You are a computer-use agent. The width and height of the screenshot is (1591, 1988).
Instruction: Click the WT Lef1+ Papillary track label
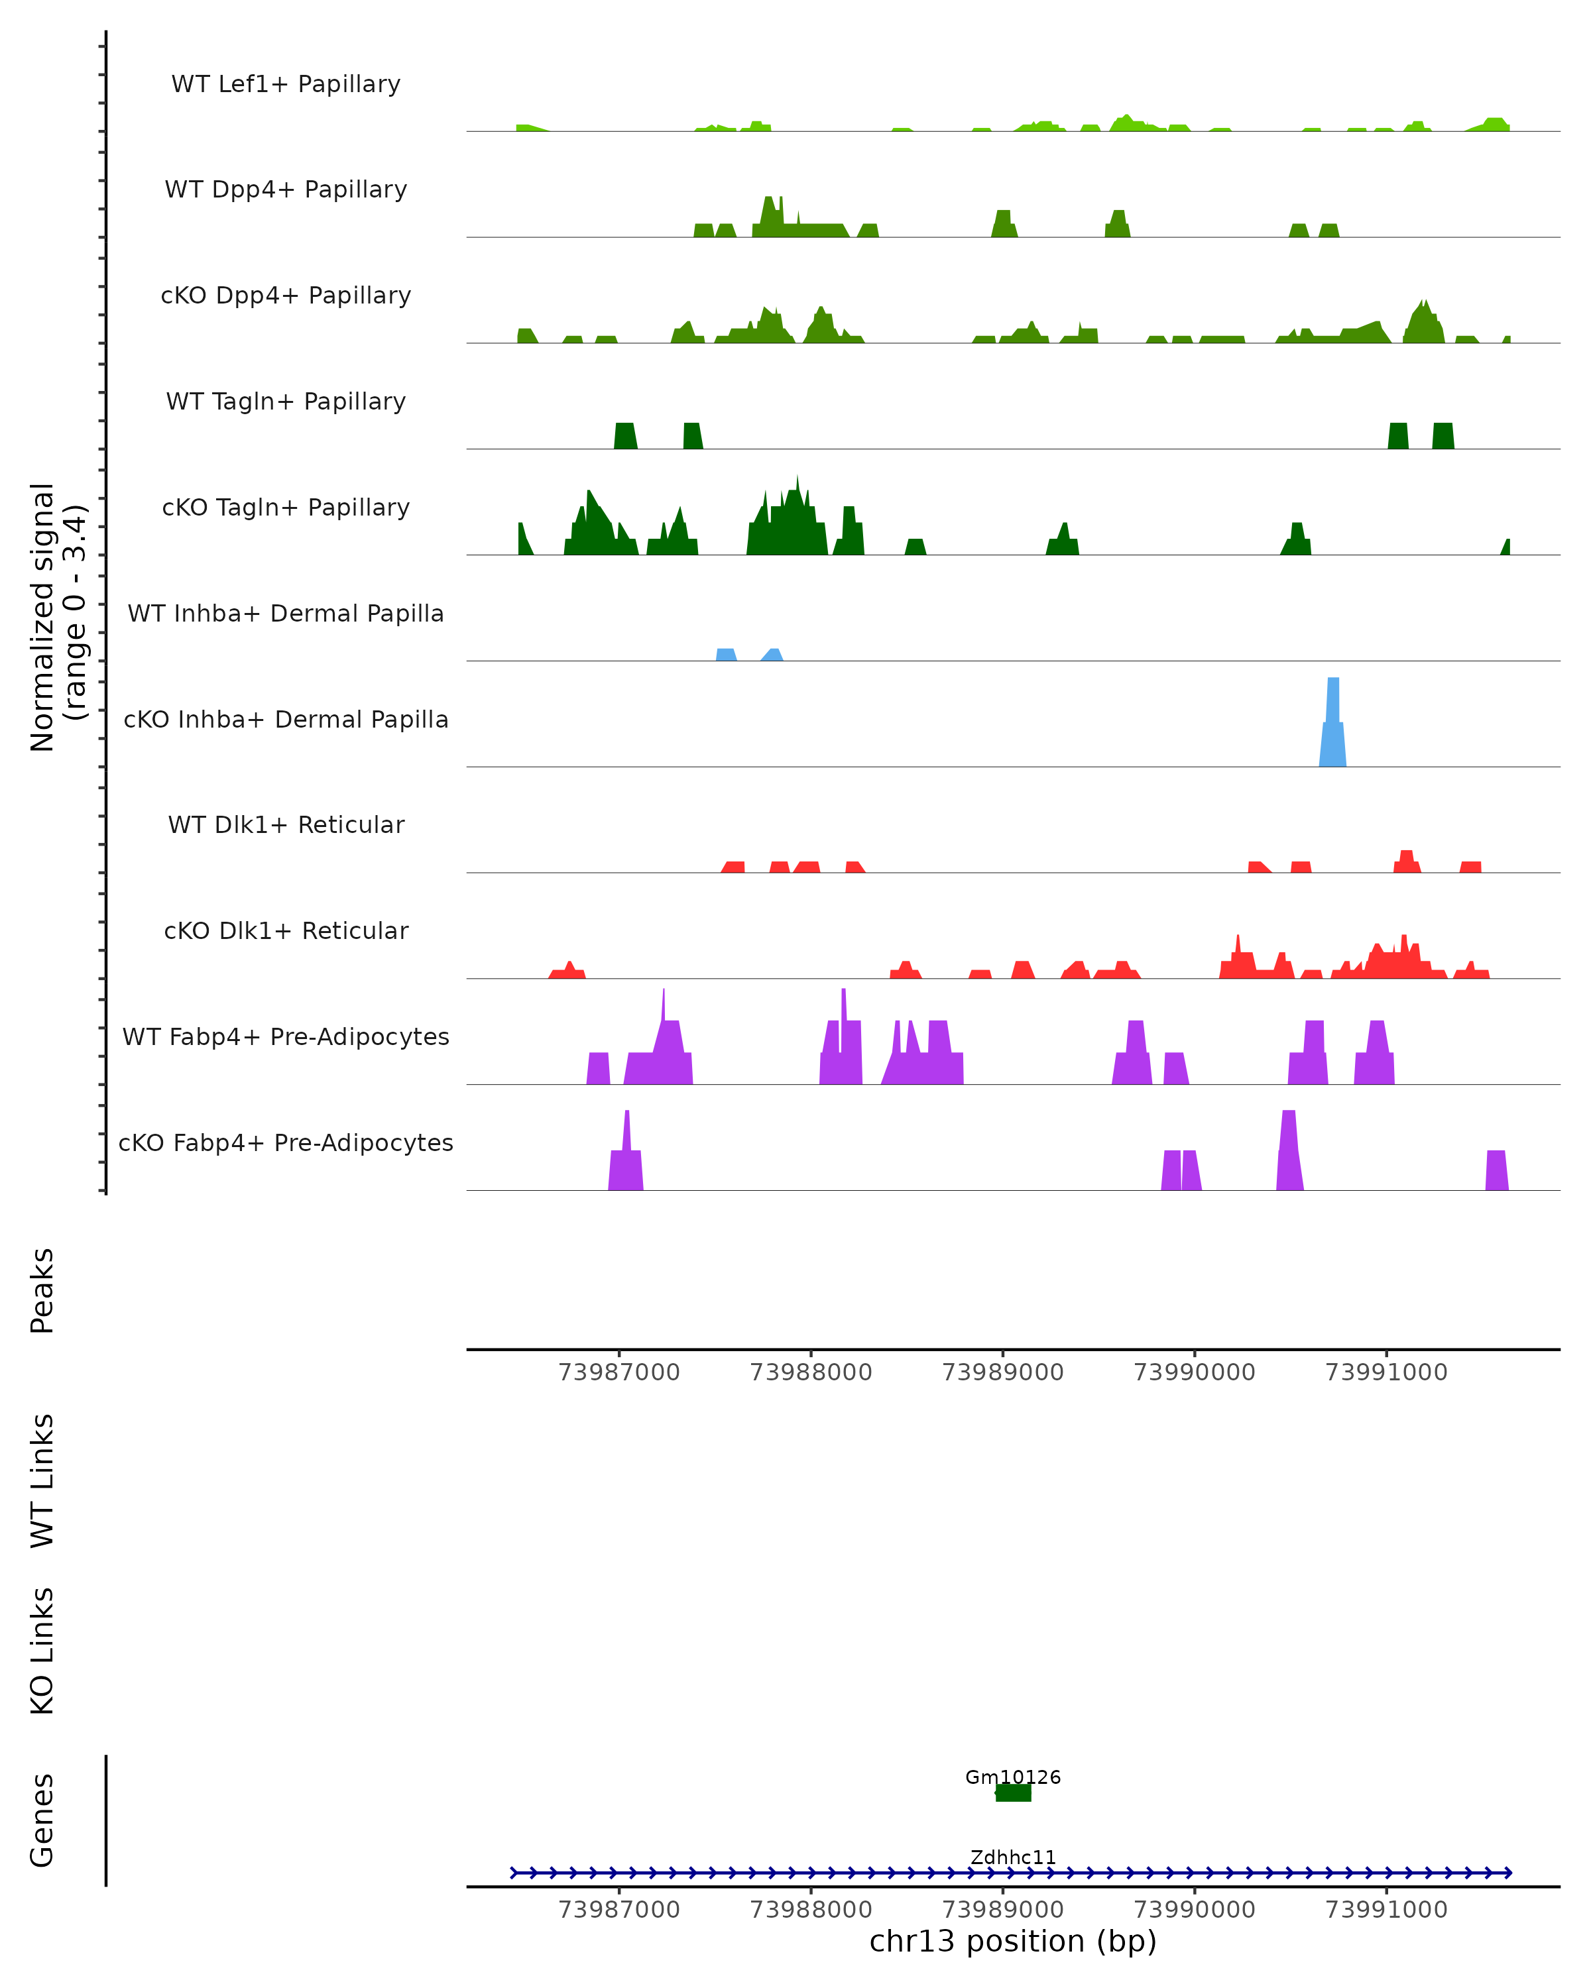tap(286, 84)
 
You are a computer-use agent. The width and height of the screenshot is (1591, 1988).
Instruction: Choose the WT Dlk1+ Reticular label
tap(286, 824)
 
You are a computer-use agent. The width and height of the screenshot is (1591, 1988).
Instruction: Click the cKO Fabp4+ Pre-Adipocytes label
tap(286, 1142)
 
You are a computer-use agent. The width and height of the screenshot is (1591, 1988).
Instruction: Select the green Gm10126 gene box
tap(1013, 1793)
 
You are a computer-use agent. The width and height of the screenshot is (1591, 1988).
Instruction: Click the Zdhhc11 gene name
tap(1013, 1857)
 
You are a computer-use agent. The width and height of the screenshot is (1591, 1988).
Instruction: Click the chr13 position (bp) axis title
tap(1013, 1941)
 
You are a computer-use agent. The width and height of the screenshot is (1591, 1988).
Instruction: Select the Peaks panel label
tap(42, 1290)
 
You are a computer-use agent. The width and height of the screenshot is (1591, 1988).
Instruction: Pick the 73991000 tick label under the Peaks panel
tap(1386, 1372)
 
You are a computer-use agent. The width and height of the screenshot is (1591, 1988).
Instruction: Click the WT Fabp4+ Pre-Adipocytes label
tap(286, 1036)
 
